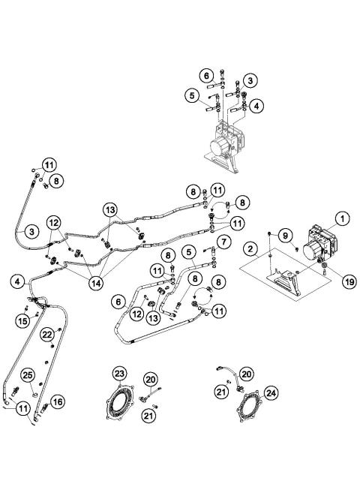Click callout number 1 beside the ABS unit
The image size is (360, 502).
point(340,219)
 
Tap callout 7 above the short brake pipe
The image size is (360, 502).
point(223,241)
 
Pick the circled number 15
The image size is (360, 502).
point(23,320)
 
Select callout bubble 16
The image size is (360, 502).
point(58,401)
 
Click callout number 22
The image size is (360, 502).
point(47,334)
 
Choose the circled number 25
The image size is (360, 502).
point(28,374)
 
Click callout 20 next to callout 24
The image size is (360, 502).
point(247,372)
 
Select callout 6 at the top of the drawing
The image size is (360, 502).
point(205,76)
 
